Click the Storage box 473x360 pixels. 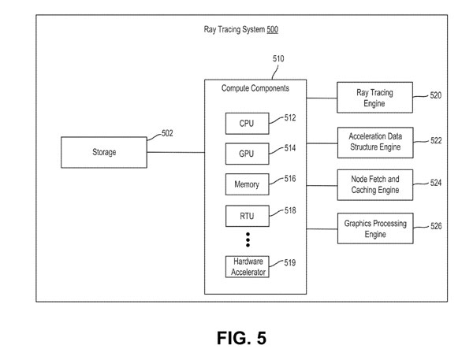click(104, 152)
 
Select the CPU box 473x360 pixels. click(247, 123)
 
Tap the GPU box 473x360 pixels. click(247, 153)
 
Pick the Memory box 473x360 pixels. click(247, 184)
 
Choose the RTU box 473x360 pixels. click(247, 214)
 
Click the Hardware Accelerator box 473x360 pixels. click(247, 267)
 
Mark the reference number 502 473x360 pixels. click(167, 134)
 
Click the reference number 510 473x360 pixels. click(278, 59)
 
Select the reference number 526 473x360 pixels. click(436, 227)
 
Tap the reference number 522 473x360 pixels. click(436, 140)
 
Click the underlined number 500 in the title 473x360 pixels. click(271, 30)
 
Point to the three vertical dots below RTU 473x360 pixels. click(247, 239)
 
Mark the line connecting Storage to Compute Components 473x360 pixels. click(176, 152)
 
